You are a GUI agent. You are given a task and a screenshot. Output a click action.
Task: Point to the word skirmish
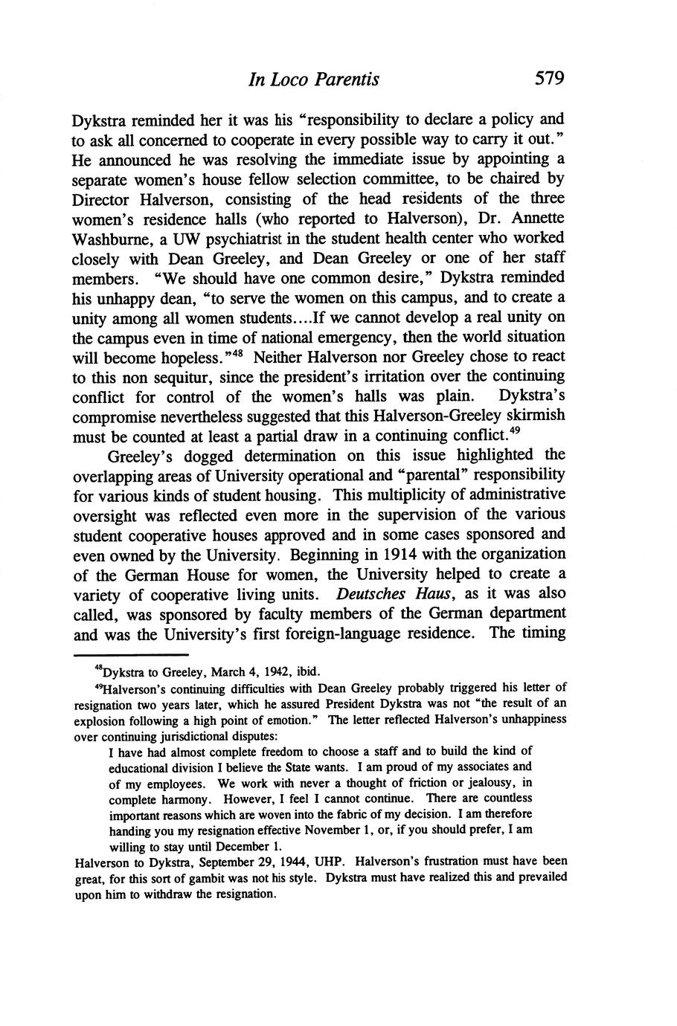coord(529,416)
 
